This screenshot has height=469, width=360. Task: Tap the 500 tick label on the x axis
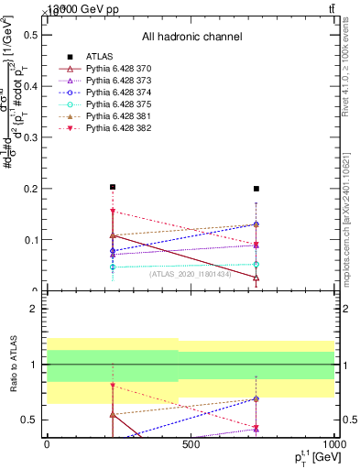click(x=191, y=444)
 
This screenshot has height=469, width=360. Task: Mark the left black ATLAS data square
click(x=112, y=187)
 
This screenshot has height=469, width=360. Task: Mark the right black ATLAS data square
click(x=256, y=189)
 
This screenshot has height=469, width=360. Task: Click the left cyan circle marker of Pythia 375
click(x=112, y=267)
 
